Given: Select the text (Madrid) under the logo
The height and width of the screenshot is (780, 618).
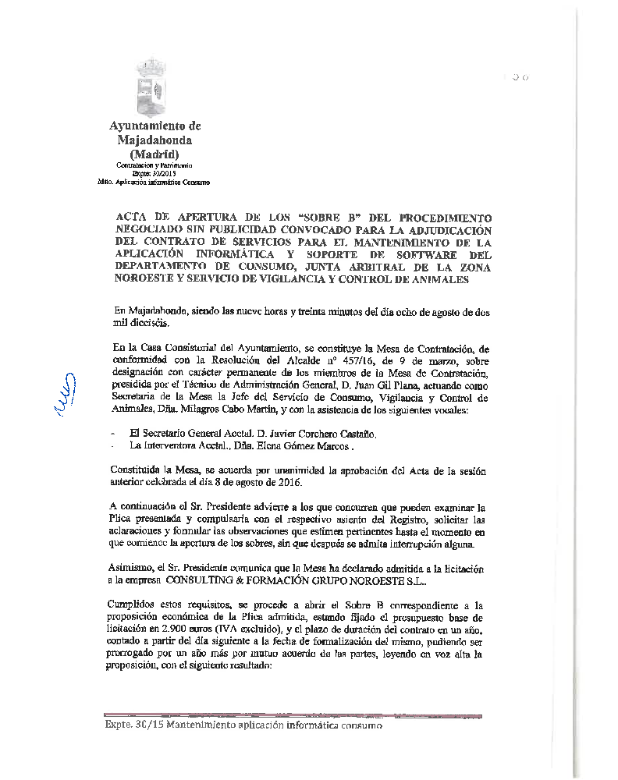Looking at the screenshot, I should tap(154, 154).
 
